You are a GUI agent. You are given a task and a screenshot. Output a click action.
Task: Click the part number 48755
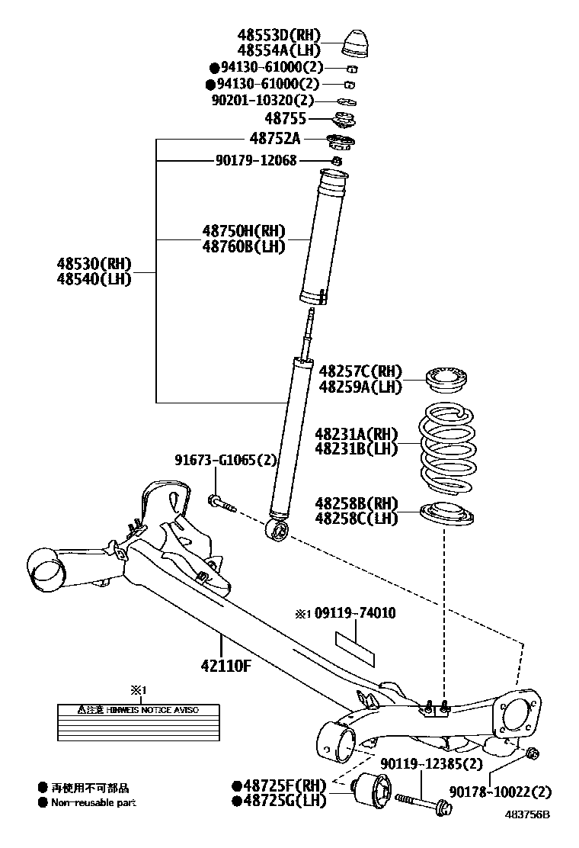tap(285, 119)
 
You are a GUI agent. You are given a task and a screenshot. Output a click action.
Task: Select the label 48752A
tap(275, 139)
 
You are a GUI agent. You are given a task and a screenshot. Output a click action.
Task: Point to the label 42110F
tap(226, 665)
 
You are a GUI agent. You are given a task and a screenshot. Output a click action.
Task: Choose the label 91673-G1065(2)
tap(225, 461)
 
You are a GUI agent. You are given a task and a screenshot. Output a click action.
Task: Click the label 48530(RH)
tap(94, 264)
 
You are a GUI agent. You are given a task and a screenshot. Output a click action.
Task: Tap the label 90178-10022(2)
tap(500, 792)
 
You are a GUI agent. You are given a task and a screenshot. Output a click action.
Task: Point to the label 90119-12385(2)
tap(431, 763)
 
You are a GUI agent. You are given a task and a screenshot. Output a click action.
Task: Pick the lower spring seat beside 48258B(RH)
tap(447, 515)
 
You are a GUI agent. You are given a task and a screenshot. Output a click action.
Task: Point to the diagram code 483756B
tap(525, 814)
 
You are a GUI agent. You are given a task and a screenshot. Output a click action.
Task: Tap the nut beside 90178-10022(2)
tap(533, 753)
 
